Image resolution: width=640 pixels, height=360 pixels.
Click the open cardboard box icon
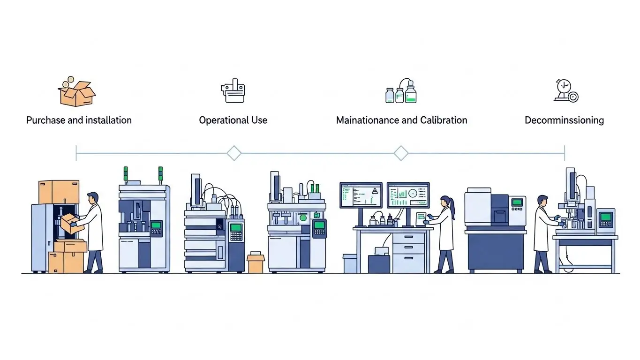(x=77, y=93)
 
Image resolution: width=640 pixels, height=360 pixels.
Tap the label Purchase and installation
(x=79, y=120)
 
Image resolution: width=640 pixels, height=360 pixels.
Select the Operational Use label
(x=233, y=120)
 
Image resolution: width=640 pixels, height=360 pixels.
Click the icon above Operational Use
(x=233, y=91)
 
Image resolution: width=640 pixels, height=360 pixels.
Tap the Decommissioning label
(x=564, y=120)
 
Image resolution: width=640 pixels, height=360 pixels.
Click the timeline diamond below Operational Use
(x=233, y=153)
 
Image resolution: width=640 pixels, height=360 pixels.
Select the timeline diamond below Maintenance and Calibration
(x=401, y=153)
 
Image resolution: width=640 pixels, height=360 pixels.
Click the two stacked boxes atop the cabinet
(x=59, y=192)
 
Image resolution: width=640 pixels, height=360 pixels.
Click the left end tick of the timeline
(x=76, y=153)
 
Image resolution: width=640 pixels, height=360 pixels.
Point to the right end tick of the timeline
(x=565, y=153)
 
